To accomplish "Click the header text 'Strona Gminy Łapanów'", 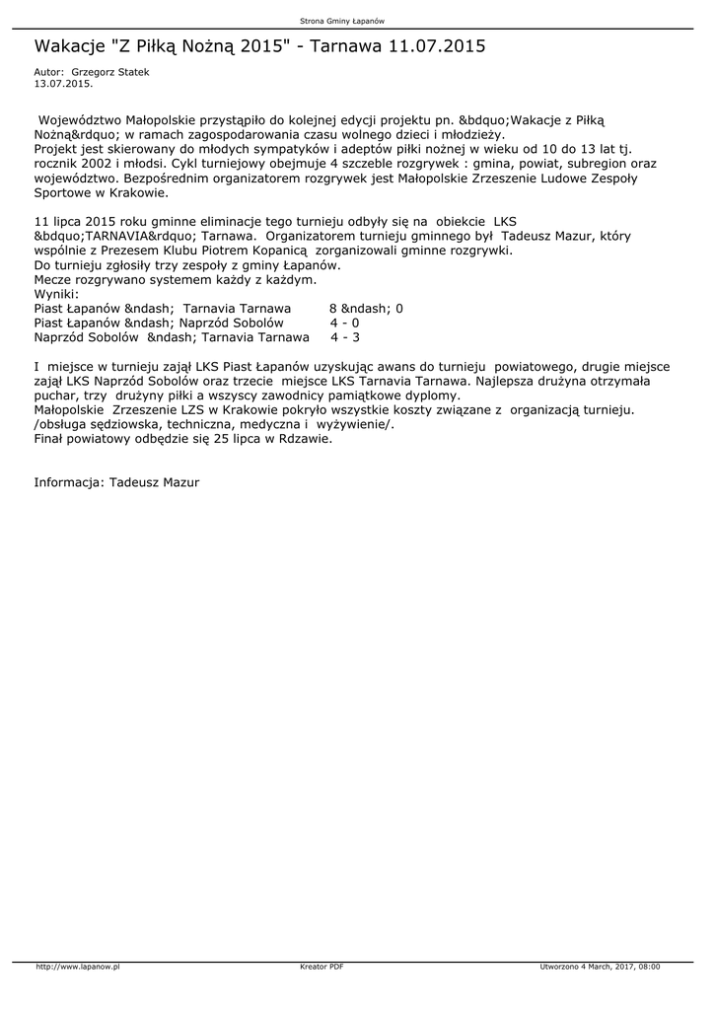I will tap(342, 20).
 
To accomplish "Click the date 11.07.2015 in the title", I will tap(437, 46).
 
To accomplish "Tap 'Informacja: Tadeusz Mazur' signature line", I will tap(116, 483).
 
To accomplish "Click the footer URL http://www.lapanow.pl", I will tap(77, 967).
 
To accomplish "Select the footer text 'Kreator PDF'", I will tap(322, 967).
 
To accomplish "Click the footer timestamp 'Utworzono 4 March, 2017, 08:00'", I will tap(600, 967).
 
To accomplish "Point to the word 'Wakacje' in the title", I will tap(70, 46).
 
